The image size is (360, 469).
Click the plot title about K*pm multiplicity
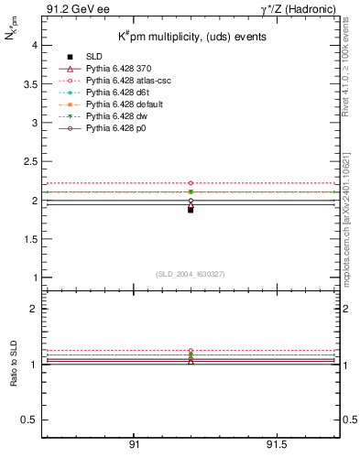point(191,38)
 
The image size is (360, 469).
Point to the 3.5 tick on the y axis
point(29,83)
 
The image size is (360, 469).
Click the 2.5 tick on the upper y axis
point(29,161)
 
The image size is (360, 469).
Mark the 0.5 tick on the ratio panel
point(29,420)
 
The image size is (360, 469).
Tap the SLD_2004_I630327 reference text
point(191,273)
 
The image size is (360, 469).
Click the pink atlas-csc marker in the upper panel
point(191,184)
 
